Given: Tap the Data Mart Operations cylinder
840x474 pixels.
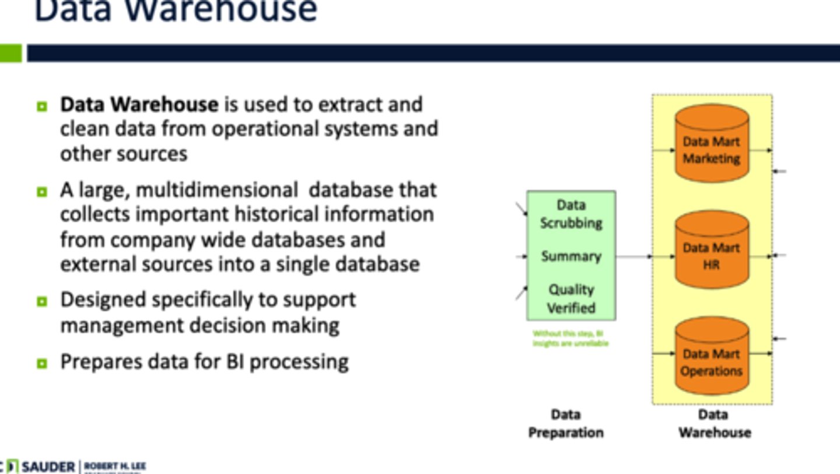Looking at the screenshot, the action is point(711,357).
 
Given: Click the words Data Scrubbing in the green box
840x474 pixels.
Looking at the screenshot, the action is point(570,214).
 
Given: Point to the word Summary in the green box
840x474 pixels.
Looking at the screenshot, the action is point(570,256).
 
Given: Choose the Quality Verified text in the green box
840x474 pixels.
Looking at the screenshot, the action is point(570,298).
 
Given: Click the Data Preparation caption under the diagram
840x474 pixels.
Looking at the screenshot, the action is point(565,424).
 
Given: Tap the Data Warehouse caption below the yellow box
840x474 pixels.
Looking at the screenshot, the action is point(714,424).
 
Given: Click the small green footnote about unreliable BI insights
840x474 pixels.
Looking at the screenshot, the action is point(570,339).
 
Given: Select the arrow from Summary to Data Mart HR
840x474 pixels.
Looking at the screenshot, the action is point(634,256).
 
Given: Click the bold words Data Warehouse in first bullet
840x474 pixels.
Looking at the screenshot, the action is point(139,104).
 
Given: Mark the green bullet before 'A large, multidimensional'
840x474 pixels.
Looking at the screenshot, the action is point(41,191).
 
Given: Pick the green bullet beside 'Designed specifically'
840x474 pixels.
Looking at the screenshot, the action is point(41,301).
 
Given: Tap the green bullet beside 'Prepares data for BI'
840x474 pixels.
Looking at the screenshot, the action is point(41,363).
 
